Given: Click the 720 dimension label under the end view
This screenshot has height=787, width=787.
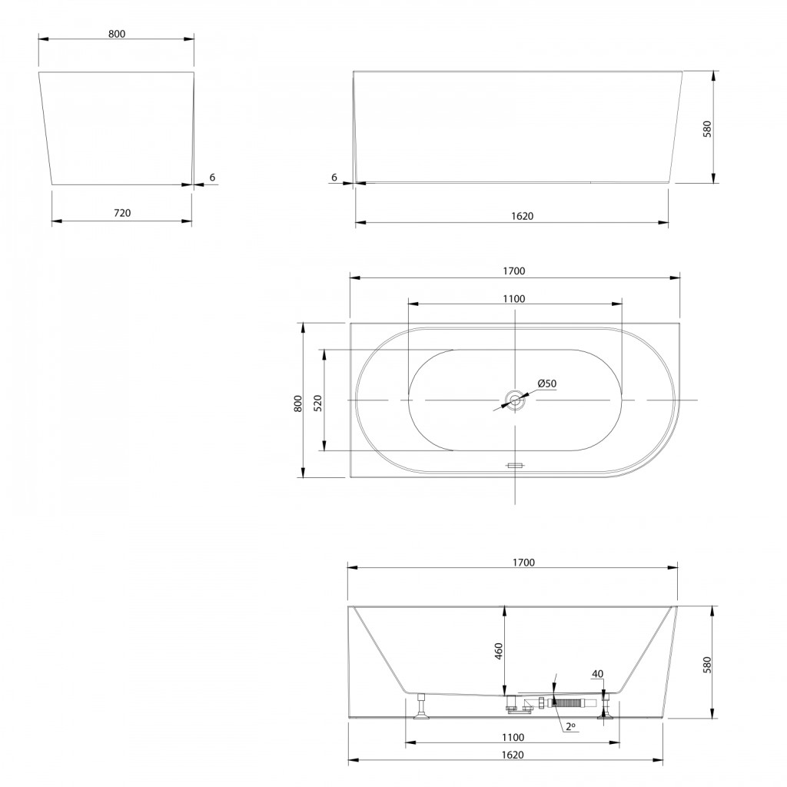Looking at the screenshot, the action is (122, 213).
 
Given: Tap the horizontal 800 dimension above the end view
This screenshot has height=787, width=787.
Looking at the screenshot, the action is (117, 34).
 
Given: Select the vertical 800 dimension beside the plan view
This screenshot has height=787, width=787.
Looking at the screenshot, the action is (298, 404).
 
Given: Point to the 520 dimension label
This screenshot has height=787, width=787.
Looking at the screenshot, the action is (317, 403).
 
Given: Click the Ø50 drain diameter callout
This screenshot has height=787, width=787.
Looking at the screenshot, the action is (546, 384).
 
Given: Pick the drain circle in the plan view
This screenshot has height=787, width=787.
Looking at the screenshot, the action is (515, 400).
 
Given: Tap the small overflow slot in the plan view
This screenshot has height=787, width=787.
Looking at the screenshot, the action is (515, 465).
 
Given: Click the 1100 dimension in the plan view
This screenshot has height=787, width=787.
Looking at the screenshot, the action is (514, 299).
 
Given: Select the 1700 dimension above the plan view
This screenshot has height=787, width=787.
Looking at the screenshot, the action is (514, 271).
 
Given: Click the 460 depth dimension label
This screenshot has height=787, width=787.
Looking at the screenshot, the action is (498, 651).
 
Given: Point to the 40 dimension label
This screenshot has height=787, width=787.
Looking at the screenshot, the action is (597, 673).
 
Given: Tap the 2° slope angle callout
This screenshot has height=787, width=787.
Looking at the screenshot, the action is (570, 726).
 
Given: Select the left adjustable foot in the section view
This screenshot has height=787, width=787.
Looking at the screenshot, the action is (421, 706).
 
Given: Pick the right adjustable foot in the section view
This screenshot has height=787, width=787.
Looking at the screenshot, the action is (606, 706).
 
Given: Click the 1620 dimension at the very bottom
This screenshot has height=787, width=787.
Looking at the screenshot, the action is (513, 755).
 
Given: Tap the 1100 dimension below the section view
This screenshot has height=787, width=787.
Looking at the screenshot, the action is (513, 737).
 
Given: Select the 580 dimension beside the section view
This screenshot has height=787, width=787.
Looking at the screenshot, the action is (707, 665).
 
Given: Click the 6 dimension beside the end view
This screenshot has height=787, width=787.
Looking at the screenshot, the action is (212, 178).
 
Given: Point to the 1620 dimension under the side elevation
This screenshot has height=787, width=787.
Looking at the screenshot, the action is (522, 216).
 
